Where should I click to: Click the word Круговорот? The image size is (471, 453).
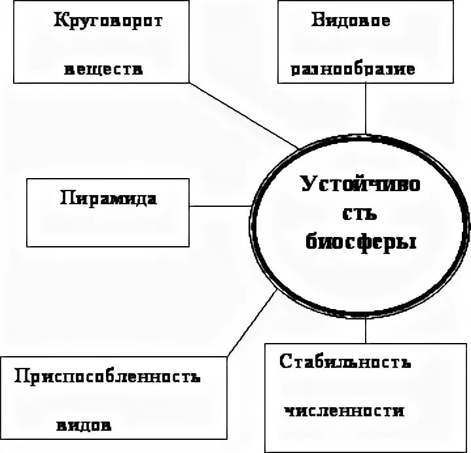(108, 20)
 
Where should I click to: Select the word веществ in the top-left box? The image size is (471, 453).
(103, 70)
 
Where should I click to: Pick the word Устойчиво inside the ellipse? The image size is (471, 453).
(362, 185)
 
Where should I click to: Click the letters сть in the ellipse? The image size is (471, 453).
(360, 214)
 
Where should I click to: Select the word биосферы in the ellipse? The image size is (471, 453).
(361, 242)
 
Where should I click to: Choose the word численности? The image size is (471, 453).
(343, 412)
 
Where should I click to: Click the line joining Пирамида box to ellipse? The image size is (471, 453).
(220, 207)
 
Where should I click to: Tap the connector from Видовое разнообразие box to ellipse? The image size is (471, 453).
(367, 118)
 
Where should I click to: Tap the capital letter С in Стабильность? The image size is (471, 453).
(285, 362)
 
